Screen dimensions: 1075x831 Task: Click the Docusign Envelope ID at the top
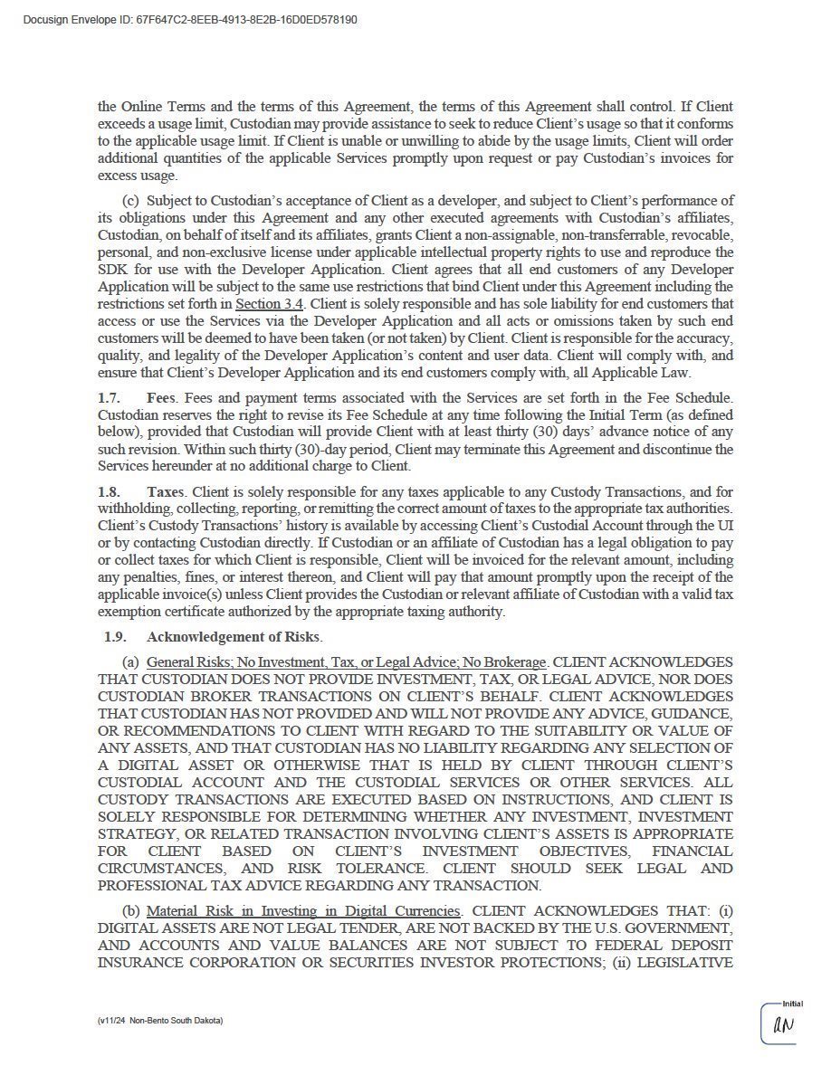189,19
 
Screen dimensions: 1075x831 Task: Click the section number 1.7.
109,397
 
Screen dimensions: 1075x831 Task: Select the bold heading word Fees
160,397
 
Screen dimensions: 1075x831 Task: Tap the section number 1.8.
109,491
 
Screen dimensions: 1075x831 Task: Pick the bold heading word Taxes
165,491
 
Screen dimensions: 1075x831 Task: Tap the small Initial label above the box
792,1003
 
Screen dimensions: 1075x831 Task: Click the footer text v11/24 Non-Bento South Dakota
160,1020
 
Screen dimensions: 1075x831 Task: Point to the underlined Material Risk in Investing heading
304,910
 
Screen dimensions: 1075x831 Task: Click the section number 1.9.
115,636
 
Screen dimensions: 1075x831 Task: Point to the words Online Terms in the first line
157,107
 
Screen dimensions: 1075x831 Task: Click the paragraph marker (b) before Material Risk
130,910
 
